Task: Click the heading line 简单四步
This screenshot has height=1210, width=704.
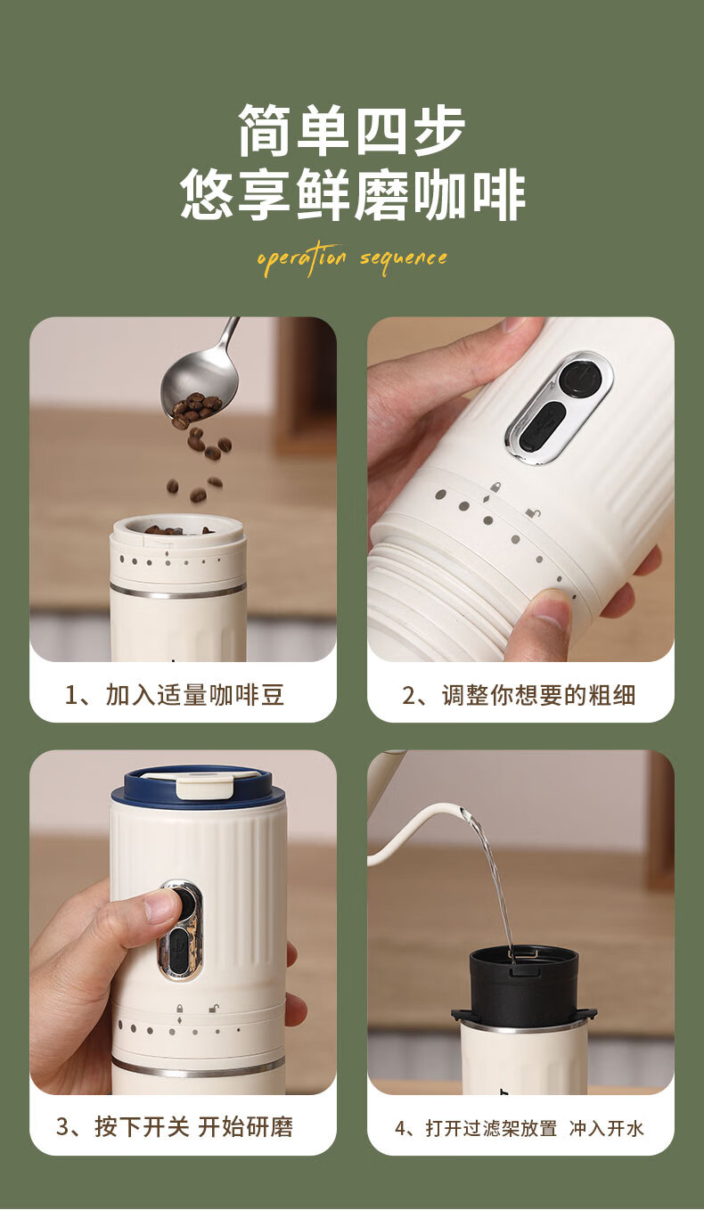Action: point(352,130)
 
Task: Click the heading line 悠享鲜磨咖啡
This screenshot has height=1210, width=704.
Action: point(352,194)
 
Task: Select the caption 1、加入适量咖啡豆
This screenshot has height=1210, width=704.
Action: point(174,695)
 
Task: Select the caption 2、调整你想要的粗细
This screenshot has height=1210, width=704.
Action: point(519,695)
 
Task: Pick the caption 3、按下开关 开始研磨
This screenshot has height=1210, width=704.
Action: point(175,1127)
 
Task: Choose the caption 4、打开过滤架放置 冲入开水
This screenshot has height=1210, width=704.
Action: point(520,1128)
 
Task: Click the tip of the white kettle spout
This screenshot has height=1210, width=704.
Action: point(463,809)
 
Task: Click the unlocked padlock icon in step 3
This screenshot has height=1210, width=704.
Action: point(214,1008)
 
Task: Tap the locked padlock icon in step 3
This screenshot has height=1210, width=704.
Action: point(180,1008)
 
